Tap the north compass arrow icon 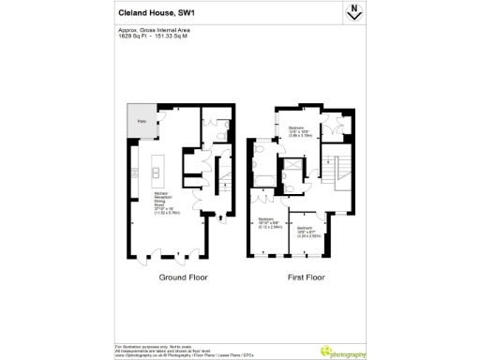pyautogui.click(x=355, y=11)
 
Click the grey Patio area pyautogui.click(x=142, y=121)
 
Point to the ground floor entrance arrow pyautogui.click(x=222, y=221)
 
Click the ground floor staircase pyautogui.click(x=226, y=172)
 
